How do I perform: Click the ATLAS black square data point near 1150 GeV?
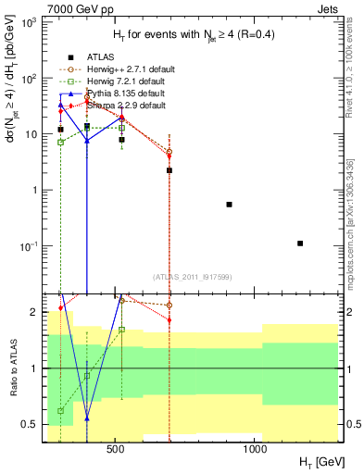click(300, 243)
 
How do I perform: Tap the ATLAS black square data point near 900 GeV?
click(229, 204)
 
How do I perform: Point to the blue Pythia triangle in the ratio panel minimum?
click(87, 418)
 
